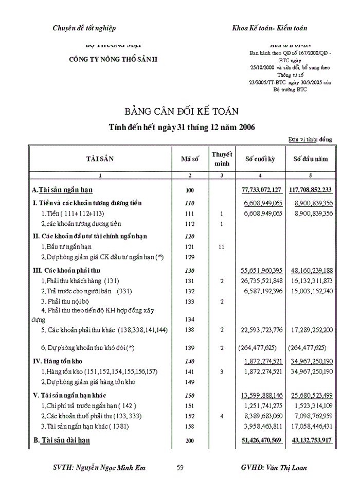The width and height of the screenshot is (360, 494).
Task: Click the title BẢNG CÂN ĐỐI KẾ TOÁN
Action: click(181, 111)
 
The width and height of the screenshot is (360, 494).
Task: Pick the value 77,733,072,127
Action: click(262, 190)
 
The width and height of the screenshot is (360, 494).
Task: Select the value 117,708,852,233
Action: click(310, 190)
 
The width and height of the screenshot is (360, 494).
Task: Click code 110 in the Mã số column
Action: click(190, 203)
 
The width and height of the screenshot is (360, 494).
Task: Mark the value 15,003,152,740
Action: click(312, 291)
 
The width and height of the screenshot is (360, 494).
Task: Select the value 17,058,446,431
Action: click(312, 426)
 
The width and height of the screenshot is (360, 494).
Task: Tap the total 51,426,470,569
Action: click(262, 440)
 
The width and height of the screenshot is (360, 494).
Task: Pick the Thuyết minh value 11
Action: click(222, 246)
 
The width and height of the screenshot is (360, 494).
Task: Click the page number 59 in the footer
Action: click(180, 468)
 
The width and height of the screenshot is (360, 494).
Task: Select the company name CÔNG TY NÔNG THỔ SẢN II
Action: click(114, 59)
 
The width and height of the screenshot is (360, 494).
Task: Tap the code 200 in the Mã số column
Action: click(190, 441)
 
